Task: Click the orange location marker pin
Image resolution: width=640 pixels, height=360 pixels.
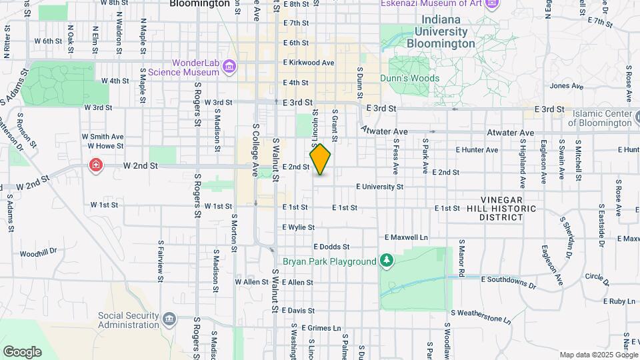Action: coord(320,159)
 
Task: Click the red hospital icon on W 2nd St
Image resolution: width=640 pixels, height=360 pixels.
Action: coord(97,165)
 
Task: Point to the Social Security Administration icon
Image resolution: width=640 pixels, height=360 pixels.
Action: coord(169,319)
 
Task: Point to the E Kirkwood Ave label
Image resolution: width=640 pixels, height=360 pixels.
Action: coord(308,62)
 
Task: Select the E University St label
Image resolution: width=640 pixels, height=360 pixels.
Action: coord(379,187)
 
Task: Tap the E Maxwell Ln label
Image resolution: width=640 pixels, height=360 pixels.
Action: coord(406,237)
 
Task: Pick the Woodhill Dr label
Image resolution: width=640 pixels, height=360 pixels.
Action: coord(39,254)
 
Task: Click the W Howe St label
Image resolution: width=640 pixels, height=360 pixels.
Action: coord(103,145)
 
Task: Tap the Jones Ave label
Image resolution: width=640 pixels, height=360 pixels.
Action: coord(567,86)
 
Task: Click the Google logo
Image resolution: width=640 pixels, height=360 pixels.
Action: coord(22,351)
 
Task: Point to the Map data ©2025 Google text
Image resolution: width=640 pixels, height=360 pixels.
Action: coord(598,355)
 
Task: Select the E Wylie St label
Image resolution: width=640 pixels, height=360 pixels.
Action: coord(297,227)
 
